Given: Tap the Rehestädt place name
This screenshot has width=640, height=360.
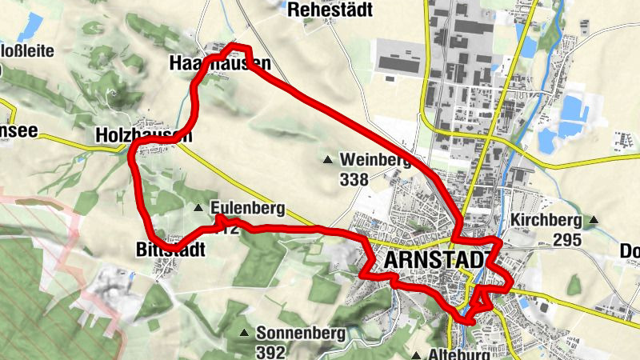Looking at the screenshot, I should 326,10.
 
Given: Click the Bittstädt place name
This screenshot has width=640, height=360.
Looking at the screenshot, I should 166,250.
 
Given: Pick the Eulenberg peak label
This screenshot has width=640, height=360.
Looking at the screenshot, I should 248,210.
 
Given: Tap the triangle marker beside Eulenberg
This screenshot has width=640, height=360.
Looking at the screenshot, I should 198,208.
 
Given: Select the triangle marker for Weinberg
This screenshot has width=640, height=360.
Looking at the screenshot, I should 326,159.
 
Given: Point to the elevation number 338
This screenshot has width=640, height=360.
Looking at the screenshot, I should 354,179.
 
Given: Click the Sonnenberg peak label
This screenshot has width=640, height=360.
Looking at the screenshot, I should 300,332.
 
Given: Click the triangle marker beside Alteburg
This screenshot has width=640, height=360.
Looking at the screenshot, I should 417,354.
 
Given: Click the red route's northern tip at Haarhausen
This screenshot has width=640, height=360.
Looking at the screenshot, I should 233,45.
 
